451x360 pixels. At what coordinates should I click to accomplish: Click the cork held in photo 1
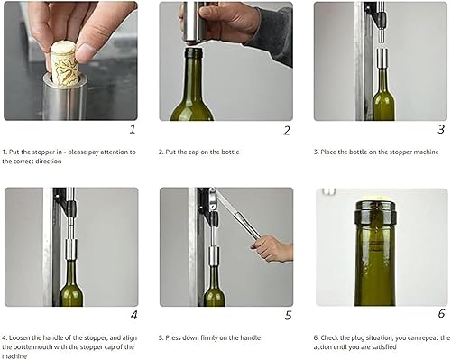[64, 62]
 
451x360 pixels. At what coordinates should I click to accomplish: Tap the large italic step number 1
[133, 129]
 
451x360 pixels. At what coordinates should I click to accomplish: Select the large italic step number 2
[287, 131]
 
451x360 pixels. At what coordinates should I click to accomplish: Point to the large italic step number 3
[441, 129]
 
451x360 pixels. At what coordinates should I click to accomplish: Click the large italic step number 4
[134, 315]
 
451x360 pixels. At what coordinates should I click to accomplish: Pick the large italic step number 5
[288, 316]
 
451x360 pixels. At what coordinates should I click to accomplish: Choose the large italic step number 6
[441, 314]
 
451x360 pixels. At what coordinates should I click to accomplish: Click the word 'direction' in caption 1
[51, 162]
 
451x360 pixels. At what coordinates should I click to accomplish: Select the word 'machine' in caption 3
[428, 152]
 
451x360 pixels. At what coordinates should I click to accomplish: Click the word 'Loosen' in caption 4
[19, 337]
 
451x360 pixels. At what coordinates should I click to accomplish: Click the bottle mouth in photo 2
[194, 51]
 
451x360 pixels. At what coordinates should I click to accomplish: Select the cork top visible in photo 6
[375, 197]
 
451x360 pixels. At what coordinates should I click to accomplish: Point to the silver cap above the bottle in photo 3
[382, 58]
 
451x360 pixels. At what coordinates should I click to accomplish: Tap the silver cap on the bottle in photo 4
[71, 249]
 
